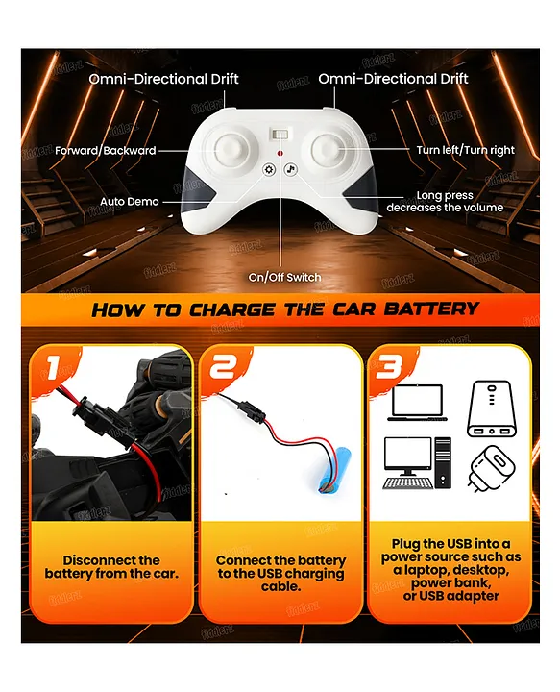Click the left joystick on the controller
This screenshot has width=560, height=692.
(231, 149)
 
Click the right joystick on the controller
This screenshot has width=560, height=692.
(329, 149)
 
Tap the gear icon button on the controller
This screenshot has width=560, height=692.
(269, 169)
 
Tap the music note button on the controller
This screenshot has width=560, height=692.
(290, 169)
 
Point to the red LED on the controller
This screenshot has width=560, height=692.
(280, 153)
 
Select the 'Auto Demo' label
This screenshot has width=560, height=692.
(130, 202)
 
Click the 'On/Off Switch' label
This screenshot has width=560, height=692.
(284, 277)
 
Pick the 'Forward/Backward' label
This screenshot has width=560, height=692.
(106, 151)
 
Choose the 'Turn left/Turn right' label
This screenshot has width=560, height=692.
(465, 150)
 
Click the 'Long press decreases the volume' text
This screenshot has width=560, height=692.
(445, 201)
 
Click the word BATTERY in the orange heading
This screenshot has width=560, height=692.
(431, 309)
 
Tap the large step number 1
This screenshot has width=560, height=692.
(54, 367)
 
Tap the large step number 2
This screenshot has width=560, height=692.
(224, 367)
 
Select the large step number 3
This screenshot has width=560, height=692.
(389, 366)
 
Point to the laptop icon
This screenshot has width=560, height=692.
(417, 403)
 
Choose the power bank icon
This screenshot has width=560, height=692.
(491, 409)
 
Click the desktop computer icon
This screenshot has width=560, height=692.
(417, 463)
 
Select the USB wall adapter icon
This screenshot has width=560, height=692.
(492, 468)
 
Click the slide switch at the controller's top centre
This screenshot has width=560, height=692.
(280, 135)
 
